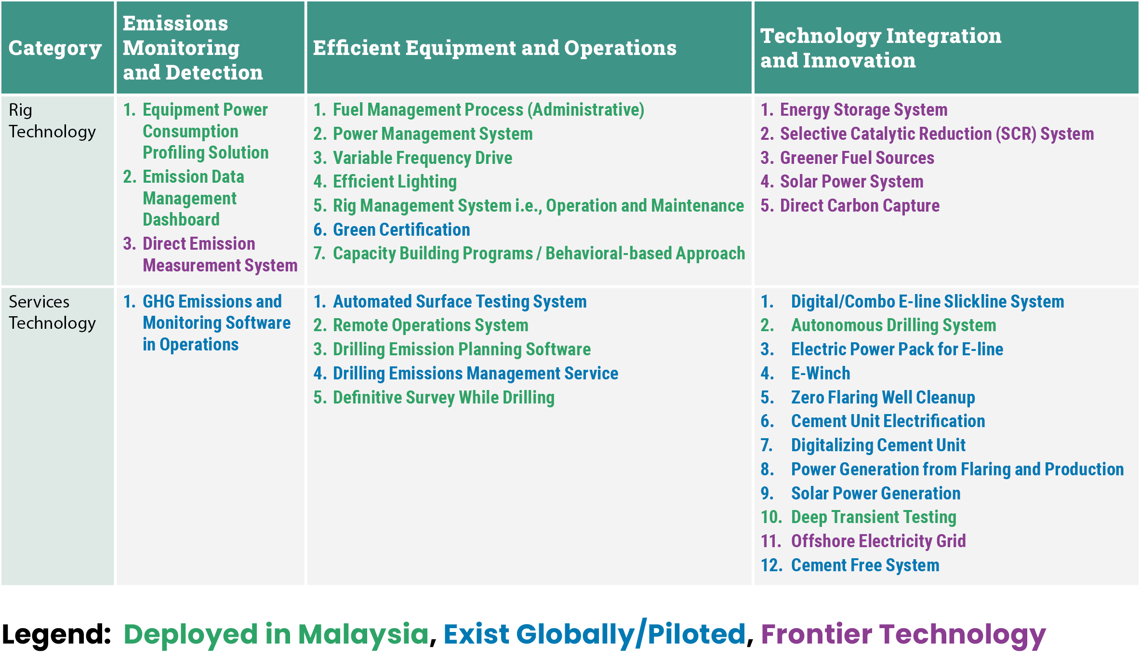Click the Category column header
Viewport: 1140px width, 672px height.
pos(55,48)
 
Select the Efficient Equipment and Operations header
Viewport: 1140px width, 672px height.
pos(494,48)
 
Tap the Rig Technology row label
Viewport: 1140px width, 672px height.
pos(52,121)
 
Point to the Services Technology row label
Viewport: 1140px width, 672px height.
pos(52,312)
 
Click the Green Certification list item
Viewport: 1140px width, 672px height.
pos(401,229)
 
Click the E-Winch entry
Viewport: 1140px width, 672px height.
pos(821,373)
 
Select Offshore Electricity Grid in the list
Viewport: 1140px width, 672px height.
pos(878,541)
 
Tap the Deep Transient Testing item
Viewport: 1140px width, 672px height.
pos(874,517)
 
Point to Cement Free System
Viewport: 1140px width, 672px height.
pos(865,565)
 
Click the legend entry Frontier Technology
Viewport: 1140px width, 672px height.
pos(903,634)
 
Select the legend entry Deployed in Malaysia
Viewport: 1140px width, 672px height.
pos(276,634)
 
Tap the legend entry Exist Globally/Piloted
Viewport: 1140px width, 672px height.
pos(595,634)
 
